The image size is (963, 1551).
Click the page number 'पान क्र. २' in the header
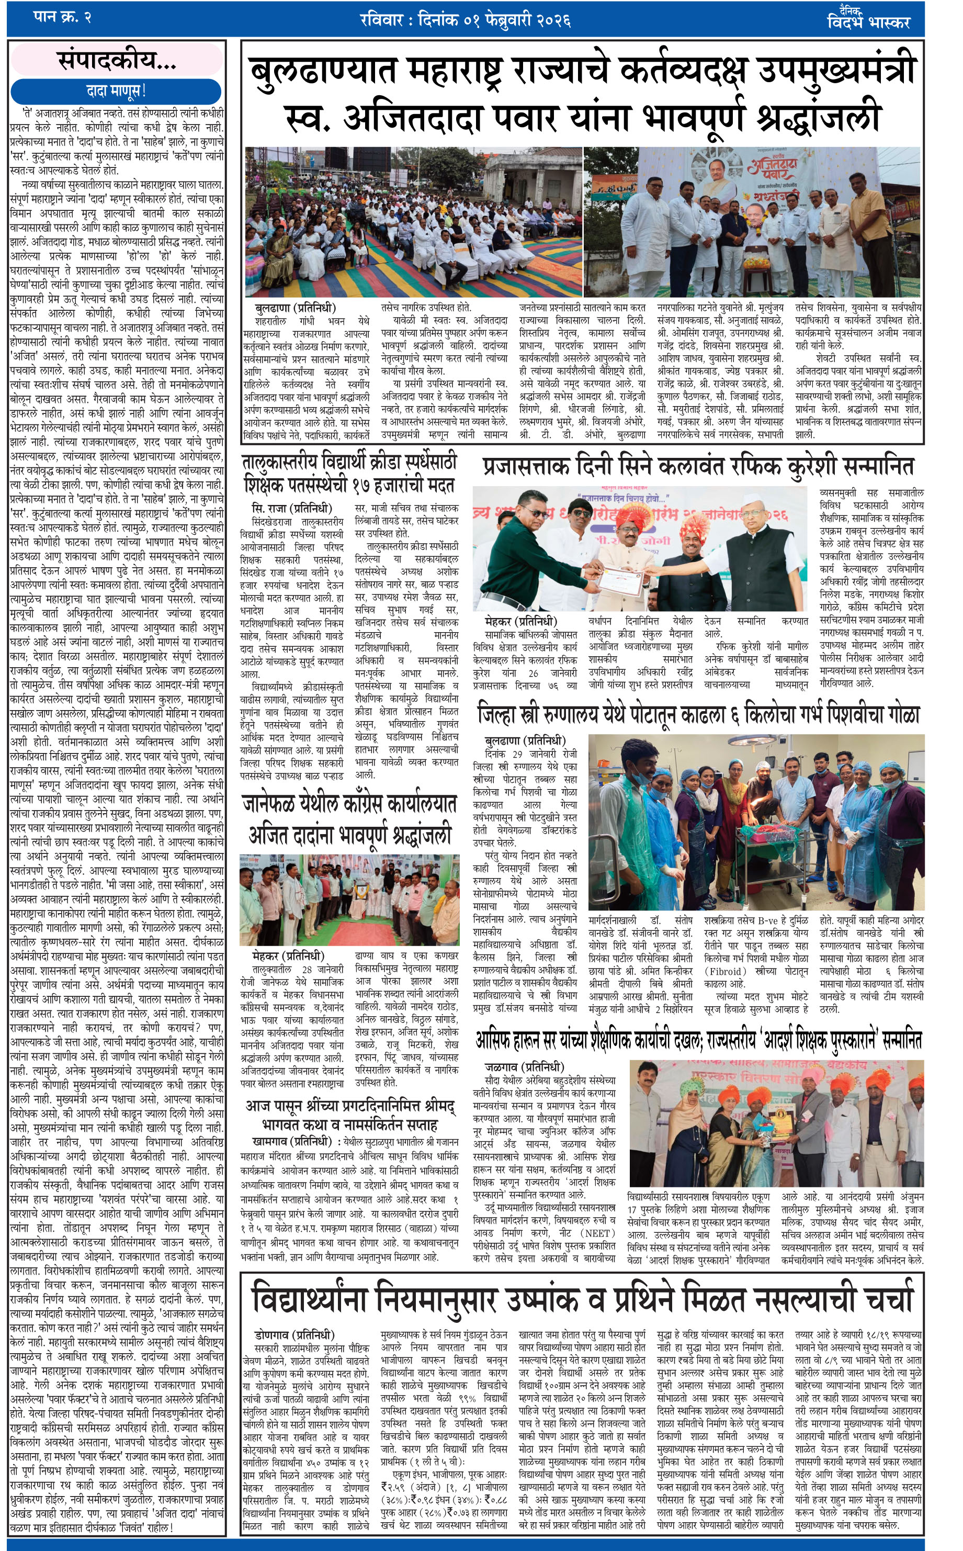pos(62,17)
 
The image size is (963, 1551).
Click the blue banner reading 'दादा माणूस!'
pos(117,91)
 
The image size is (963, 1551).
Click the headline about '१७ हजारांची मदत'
pos(349,473)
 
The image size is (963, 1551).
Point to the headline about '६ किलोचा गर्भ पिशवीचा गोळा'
pos(698,715)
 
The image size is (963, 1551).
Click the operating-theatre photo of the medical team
pos(755,822)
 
